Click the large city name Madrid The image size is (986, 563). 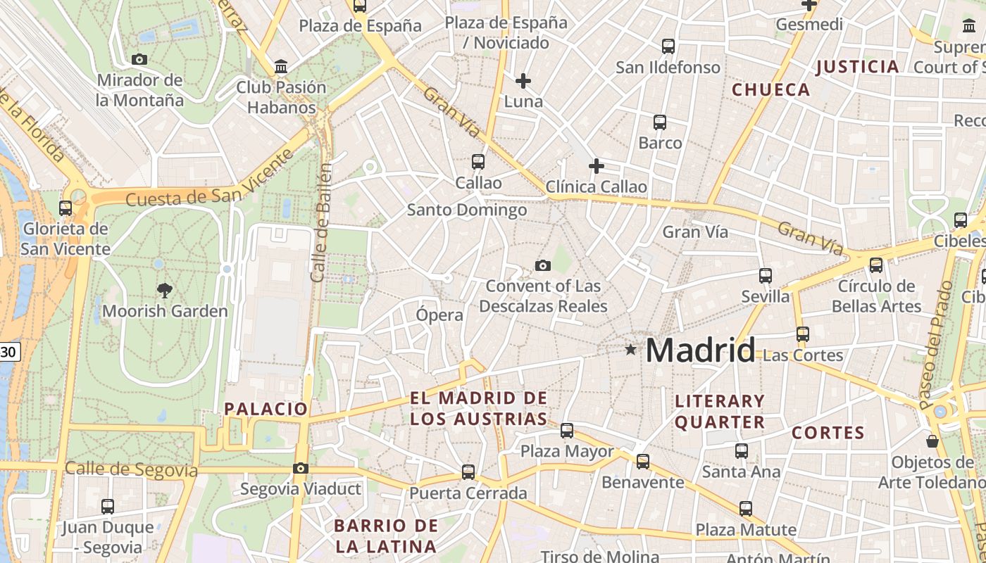click(x=700, y=350)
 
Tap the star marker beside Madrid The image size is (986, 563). click(x=630, y=349)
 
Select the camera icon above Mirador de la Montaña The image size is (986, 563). click(x=139, y=60)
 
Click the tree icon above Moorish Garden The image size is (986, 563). click(x=165, y=290)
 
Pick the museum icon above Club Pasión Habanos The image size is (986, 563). click(x=282, y=67)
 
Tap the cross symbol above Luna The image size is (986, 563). click(x=523, y=81)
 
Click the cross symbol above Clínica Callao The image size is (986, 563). click(x=597, y=166)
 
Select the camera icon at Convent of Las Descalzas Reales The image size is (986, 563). click(x=542, y=265)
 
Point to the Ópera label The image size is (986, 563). click(x=439, y=315)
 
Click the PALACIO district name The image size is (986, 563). click(x=266, y=409)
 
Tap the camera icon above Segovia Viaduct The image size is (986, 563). click(x=301, y=468)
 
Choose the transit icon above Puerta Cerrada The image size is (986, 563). click(x=468, y=472)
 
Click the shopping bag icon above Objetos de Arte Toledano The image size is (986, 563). click(x=932, y=441)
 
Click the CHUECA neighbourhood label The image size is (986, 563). click(x=770, y=89)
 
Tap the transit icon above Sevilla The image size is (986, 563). click(x=766, y=276)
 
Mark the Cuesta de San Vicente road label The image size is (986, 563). click(x=209, y=179)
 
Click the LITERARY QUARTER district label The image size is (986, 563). click(x=720, y=412)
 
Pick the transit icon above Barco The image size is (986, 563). click(x=660, y=122)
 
